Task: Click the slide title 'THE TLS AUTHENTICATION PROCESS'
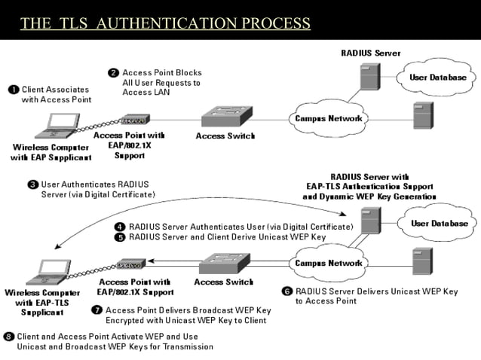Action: coord(165,23)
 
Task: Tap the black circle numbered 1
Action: coord(14,90)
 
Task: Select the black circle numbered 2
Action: coord(113,73)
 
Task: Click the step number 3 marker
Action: coord(32,184)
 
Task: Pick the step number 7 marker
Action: coord(97,310)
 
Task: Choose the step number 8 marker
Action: coord(9,336)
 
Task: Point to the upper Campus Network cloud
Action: coord(327,118)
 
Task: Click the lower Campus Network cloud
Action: coord(327,264)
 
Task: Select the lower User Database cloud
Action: coord(439,224)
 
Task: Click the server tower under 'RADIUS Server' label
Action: coord(369,78)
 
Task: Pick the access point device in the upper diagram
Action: coord(133,121)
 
